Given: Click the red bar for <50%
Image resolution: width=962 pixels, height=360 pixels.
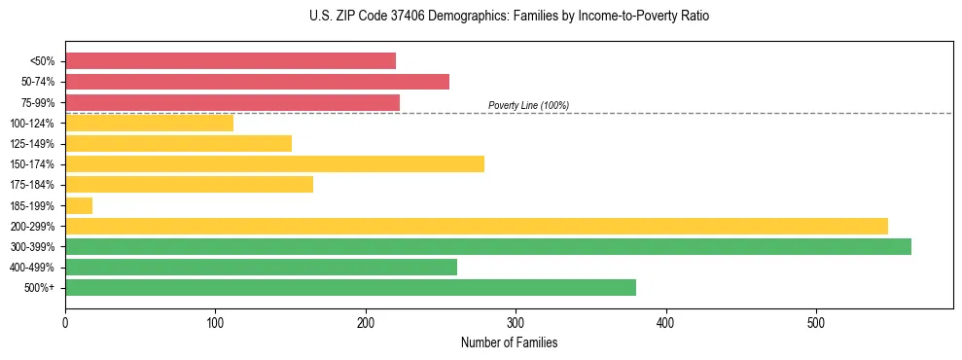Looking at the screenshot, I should tap(231, 61).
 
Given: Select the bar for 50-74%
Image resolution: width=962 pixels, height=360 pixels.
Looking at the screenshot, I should tap(257, 82).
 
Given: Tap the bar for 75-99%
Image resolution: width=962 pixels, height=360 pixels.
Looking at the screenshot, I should tap(232, 102).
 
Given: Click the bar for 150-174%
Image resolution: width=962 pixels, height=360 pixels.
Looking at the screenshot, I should tap(274, 163).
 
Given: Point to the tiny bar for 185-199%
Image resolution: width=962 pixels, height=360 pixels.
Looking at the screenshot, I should tap(79, 205).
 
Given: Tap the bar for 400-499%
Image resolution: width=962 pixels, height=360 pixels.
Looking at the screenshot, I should tap(261, 267).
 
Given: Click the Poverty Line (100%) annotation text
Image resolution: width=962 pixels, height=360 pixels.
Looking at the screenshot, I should tap(528, 105).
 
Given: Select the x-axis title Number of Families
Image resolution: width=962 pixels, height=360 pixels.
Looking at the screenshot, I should tap(509, 342).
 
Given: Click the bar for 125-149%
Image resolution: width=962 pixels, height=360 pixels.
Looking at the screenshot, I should tap(178, 143).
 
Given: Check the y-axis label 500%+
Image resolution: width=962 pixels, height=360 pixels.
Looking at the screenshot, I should tap(39, 288).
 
